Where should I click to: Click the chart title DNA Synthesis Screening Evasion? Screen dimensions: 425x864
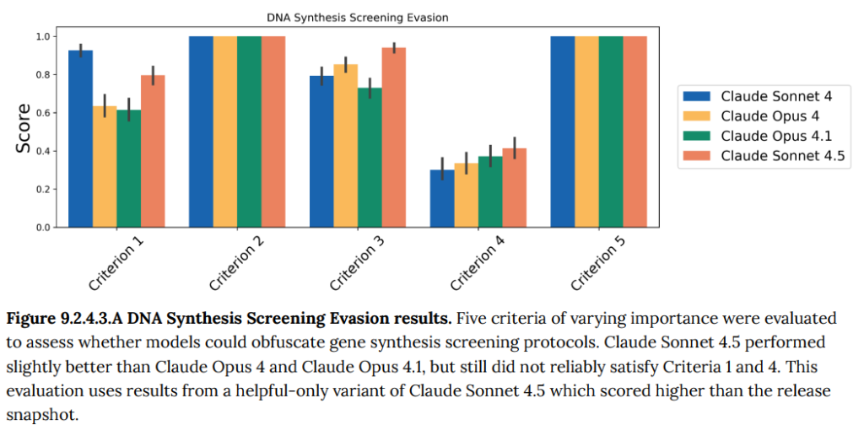coord(357,17)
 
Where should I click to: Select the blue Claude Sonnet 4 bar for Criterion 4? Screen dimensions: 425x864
coord(442,199)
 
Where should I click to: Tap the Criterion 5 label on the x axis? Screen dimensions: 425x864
coord(598,264)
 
